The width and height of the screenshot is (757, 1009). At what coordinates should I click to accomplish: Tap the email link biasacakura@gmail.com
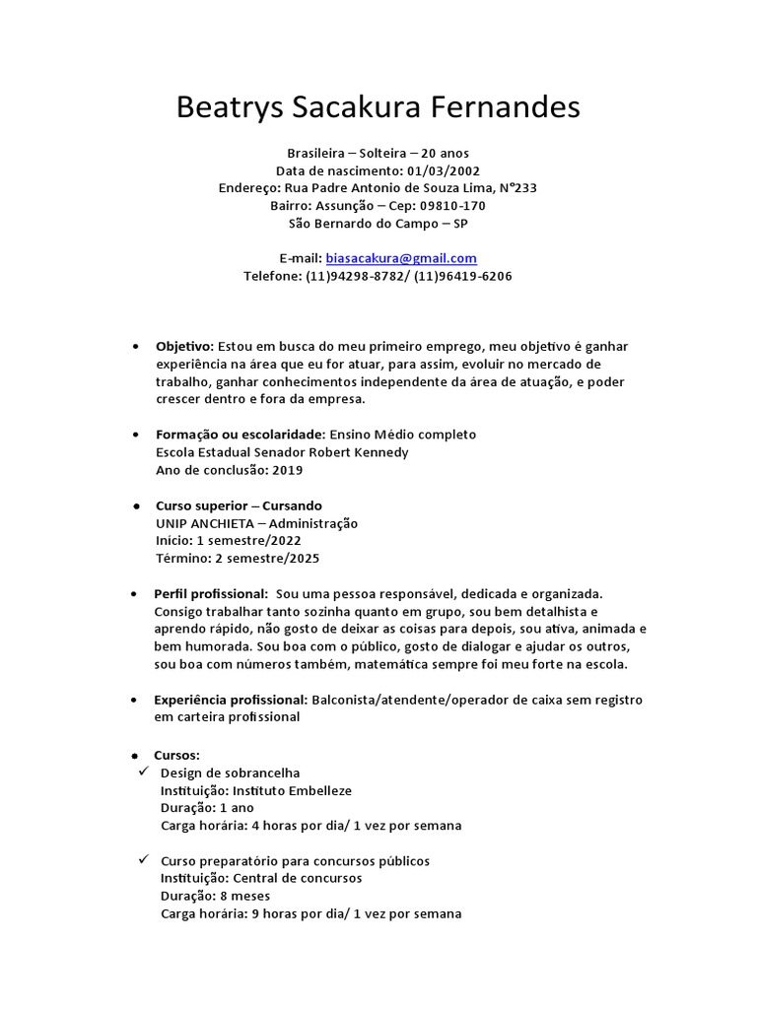click(x=401, y=258)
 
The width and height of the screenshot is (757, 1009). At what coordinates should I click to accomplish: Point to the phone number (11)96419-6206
click(x=463, y=276)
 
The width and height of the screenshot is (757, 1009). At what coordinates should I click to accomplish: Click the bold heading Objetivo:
click(x=184, y=347)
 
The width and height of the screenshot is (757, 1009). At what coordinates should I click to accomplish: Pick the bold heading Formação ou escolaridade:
click(x=241, y=435)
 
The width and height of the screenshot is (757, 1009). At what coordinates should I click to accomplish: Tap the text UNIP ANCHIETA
click(x=208, y=523)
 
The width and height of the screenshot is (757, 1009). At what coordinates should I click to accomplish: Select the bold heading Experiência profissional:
click(x=231, y=700)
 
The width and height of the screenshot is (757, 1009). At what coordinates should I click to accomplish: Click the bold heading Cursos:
click(x=176, y=755)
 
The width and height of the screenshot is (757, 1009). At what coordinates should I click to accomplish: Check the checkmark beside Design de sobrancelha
click(x=143, y=772)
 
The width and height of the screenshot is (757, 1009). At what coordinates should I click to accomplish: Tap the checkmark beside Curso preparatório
click(x=143, y=860)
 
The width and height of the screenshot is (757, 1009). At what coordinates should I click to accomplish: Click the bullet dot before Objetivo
click(x=134, y=348)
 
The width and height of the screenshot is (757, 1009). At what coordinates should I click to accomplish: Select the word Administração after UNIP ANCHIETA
click(x=313, y=523)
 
